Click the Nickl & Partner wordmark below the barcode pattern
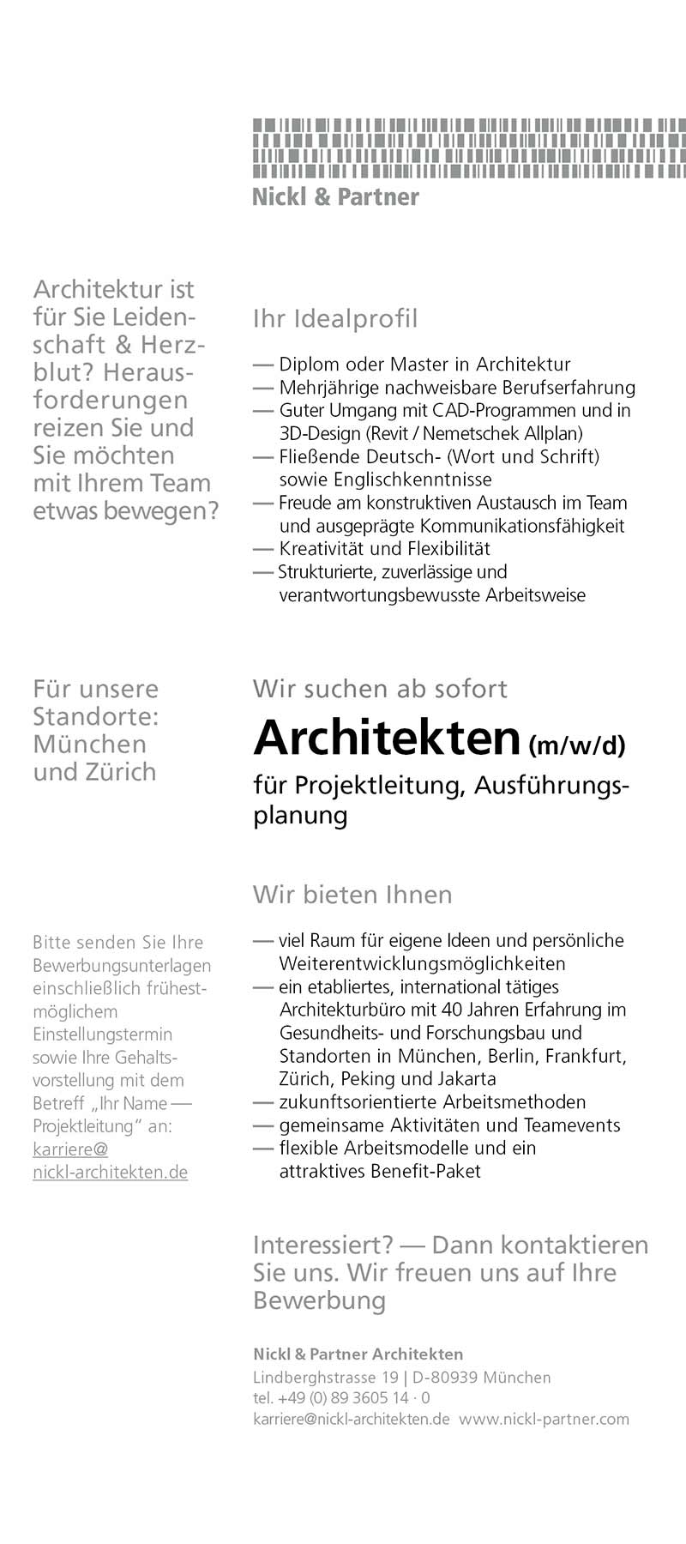click(x=335, y=197)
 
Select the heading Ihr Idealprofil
click(x=335, y=319)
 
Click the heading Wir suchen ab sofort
click(x=380, y=689)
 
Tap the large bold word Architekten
click(x=388, y=738)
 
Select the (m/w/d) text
click(x=577, y=745)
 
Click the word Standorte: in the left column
click(x=95, y=716)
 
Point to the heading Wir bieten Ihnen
click(x=352, y=895)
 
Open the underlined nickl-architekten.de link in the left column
click(x=110, y=1173)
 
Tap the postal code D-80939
click(x=444, y=1378)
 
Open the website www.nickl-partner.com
click(x=544, y=1420)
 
